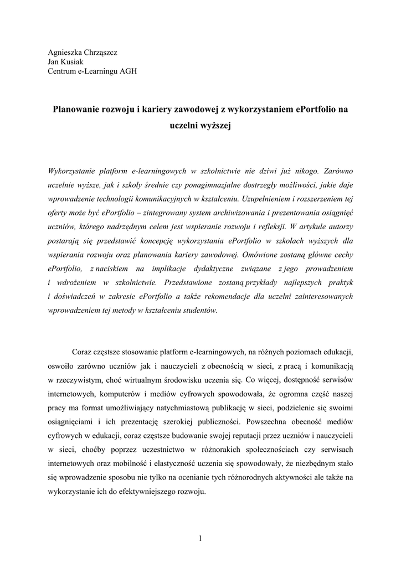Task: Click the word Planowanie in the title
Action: pos(75,110)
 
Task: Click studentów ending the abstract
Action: pos(199,311)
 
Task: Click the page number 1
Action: pos(200,538)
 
